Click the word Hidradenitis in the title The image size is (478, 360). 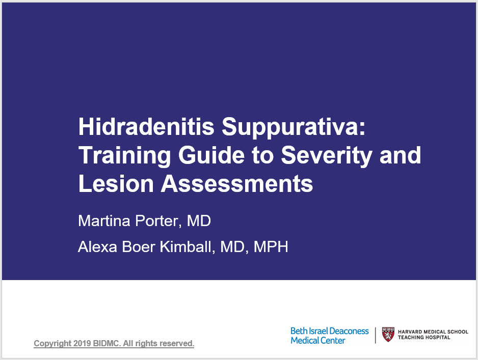pos(146,126)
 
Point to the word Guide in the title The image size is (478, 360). pos(211,155)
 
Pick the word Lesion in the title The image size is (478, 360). pos(116,184)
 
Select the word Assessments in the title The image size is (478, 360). pos(237,184)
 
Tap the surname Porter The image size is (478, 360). pos(156,221)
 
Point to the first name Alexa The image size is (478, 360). pos(97,246)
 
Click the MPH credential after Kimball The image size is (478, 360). pos(271,246)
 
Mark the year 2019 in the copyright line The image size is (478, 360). pos(82,343)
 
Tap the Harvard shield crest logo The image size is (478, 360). pos(388,335)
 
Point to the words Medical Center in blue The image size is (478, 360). pos(317,340)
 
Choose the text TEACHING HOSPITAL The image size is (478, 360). pos(424,337)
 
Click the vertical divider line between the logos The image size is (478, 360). pos(375,335)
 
